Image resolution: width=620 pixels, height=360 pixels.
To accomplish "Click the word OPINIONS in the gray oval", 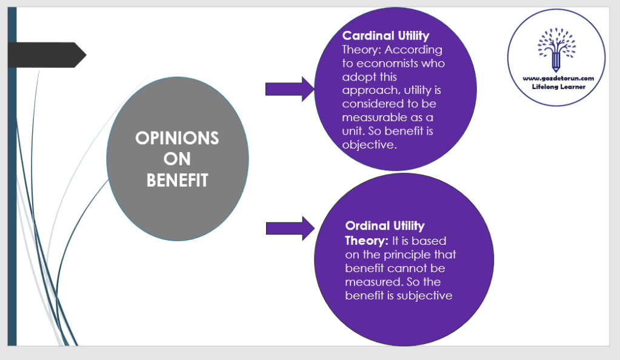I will pyautogui.click(x=177, y=138).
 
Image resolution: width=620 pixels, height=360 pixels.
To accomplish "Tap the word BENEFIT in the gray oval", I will pyautogui.click(x=177, y=180).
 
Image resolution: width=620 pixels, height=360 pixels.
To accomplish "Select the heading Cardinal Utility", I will pyautogui.click(x=385, y=36).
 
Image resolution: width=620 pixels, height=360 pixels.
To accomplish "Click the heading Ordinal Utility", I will pyautogui.click(x=385, y=226).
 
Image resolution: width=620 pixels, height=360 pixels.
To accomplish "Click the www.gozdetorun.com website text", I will pyautogui.click(x=556, y=78).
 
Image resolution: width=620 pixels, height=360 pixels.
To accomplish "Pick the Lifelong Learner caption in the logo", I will pyautogui.click(x=556, y=87).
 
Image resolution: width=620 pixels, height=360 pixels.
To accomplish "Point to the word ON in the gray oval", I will pyautogui.click(x=177, y=159).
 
